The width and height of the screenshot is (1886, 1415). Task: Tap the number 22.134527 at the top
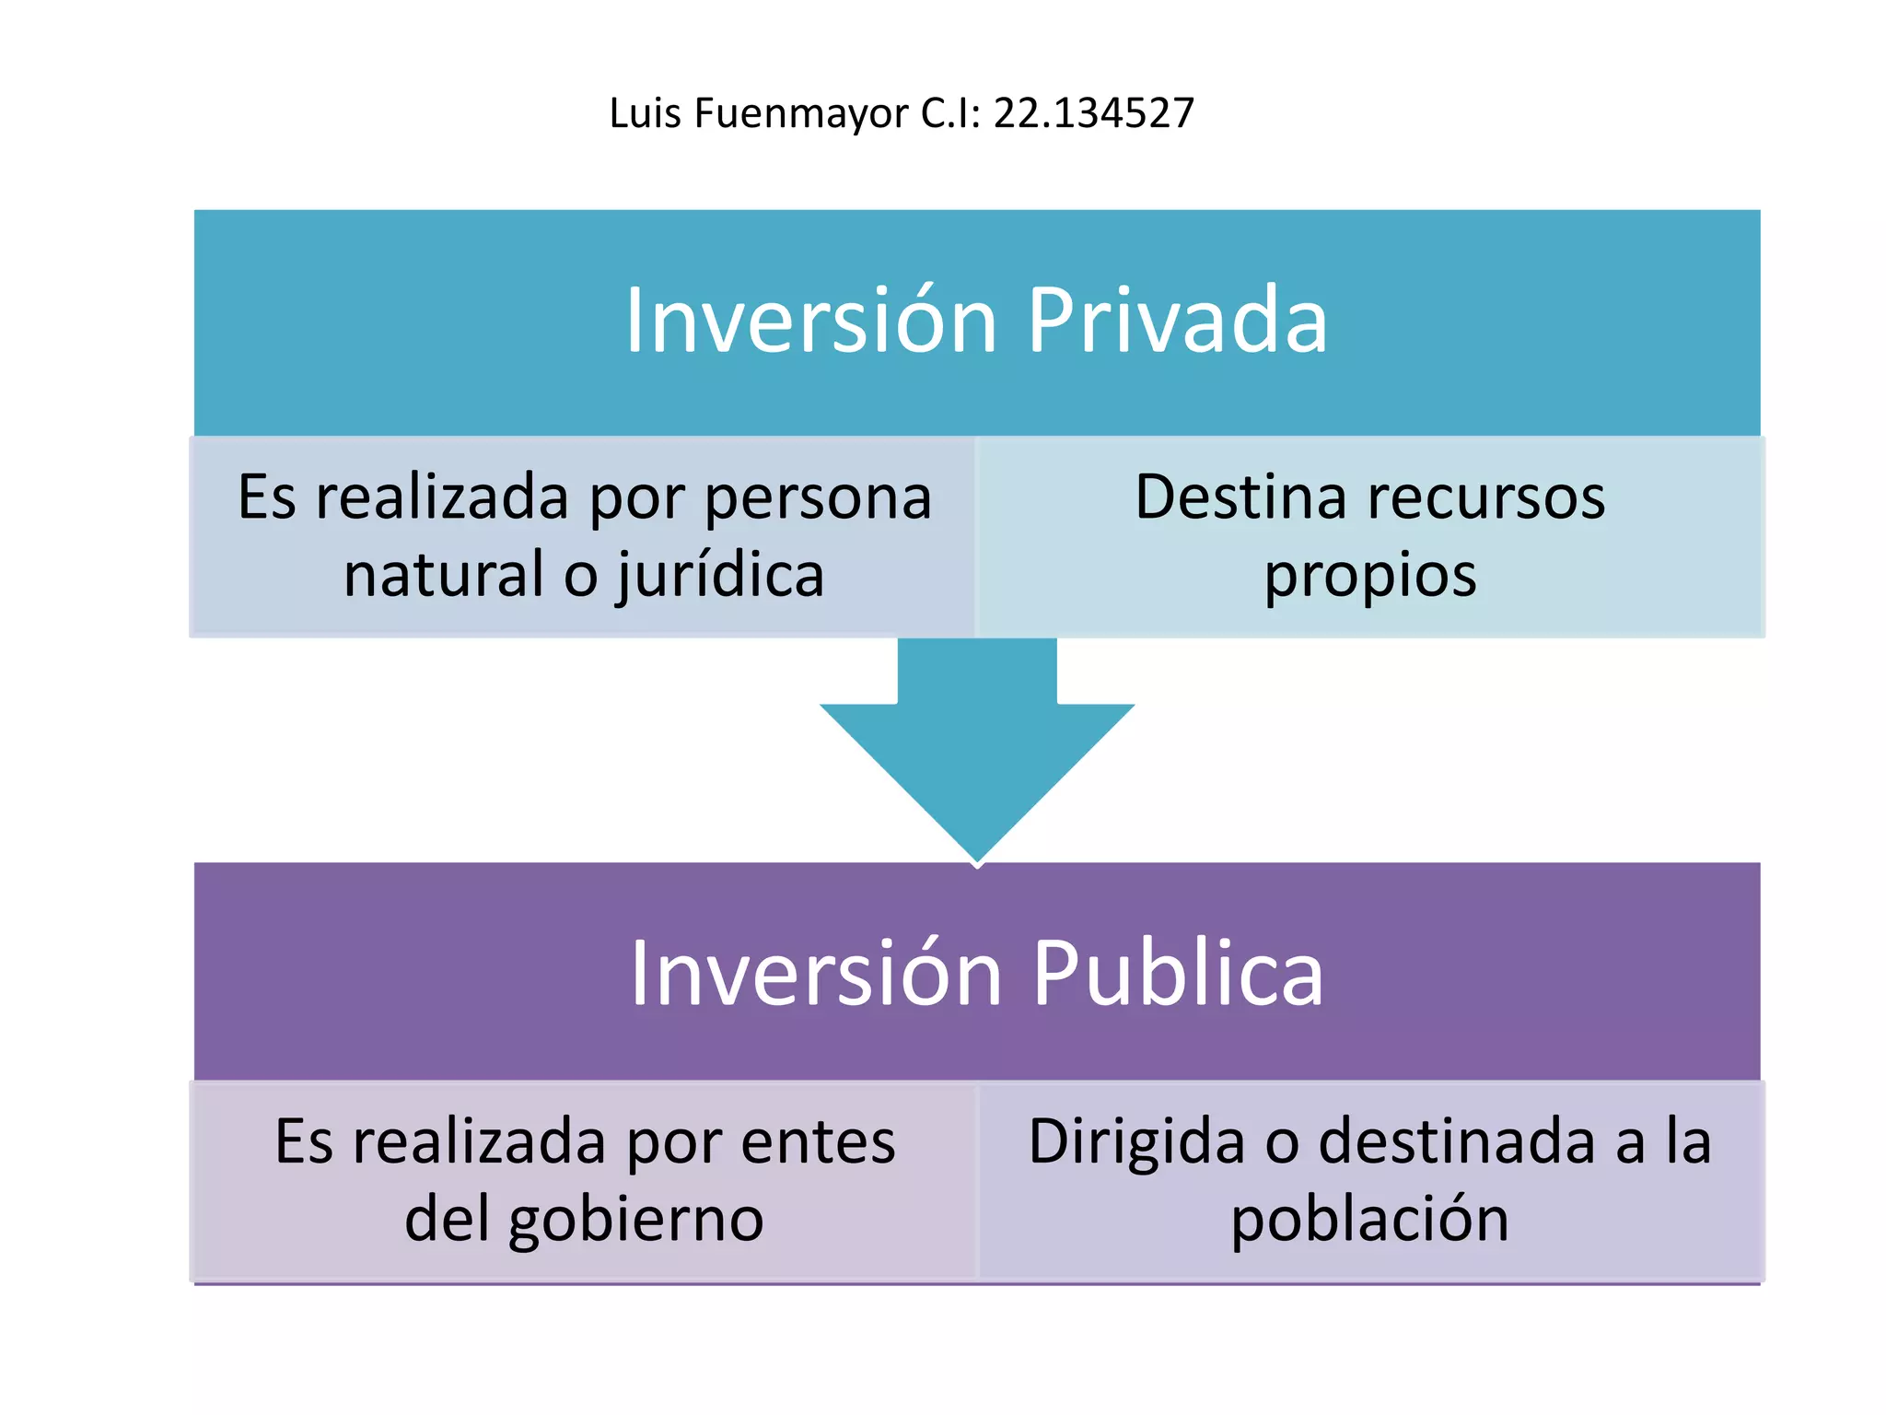[1093, 113]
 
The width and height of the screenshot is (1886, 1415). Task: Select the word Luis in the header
[645, 113]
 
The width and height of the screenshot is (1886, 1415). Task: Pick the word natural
[444, 575]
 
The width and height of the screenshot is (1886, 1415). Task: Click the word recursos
[1486, 497]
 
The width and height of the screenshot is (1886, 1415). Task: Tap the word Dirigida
[1136, 1142]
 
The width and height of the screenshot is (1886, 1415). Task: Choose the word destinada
[1457, 1142]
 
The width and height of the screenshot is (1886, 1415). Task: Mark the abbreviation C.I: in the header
[950, 113]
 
